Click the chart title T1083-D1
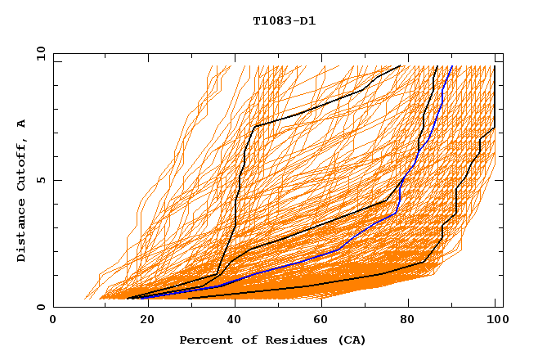284,20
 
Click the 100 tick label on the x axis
495,322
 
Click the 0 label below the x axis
53,322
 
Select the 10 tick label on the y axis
39,52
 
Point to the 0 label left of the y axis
41,307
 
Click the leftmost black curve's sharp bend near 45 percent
255,126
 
